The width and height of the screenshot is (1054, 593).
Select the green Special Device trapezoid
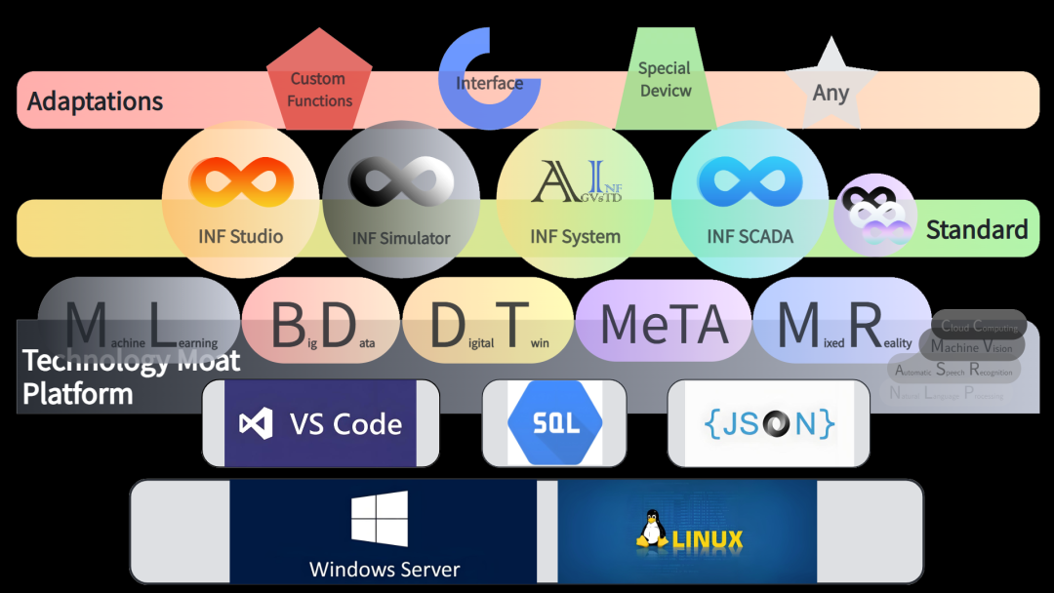(665, 80)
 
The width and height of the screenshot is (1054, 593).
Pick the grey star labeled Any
(831, 89)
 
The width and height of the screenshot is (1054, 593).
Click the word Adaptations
(96, 100)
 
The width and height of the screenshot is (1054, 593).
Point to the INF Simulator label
(401, 238)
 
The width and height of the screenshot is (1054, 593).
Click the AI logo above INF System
(576, 182)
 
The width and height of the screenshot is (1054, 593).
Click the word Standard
(977, 230)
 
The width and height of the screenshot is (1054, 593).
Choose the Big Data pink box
(321, 326)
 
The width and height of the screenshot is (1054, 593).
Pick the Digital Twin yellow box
(488, 326)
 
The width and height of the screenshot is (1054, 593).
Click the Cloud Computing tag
(980, 327)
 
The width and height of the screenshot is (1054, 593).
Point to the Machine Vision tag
(971, 346)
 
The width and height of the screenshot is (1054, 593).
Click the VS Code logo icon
(256, 424)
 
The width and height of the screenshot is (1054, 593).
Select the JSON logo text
(769, 423)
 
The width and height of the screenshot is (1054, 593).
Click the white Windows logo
(380, 518)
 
